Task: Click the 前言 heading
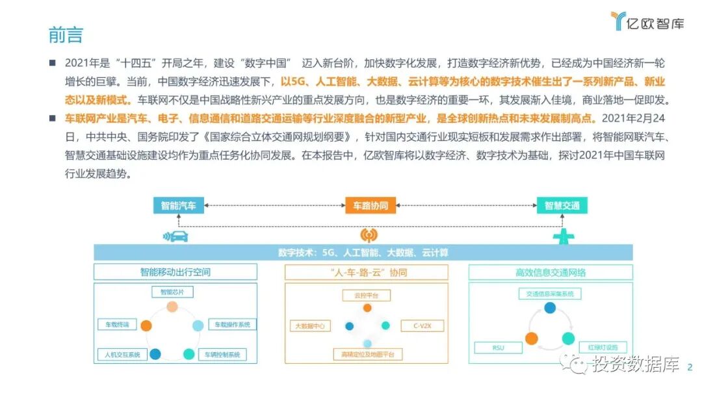pos(66,34)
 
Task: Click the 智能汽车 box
pos(179,205)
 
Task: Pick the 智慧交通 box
pos(562,205)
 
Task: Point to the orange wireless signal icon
pos(369,235)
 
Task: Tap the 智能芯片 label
pos(172,292)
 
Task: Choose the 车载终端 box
pos(118,324)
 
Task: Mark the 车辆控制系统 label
pos(222,355)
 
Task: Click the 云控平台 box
pos(367,295)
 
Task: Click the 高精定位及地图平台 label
pos(367,354)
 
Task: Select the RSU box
pos(499,348)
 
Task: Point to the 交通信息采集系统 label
pos(550,294)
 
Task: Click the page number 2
pos(690,367)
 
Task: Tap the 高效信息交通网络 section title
pos(551,272)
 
